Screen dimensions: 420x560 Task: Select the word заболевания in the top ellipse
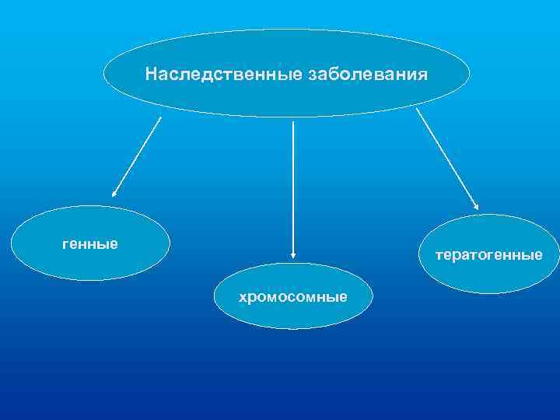tap(368, 75)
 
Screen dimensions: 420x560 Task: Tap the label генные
tap(90, 244)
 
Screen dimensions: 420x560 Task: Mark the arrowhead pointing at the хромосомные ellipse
tap(292, 253)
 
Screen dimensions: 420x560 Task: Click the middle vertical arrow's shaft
tap(292, 187)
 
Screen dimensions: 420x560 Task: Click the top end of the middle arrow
tap(292, 121)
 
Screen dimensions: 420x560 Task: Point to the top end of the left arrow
tap(161, 117)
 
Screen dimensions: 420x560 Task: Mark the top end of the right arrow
tap(417, 109)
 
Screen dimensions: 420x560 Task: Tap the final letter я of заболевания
tap(423, 75)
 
